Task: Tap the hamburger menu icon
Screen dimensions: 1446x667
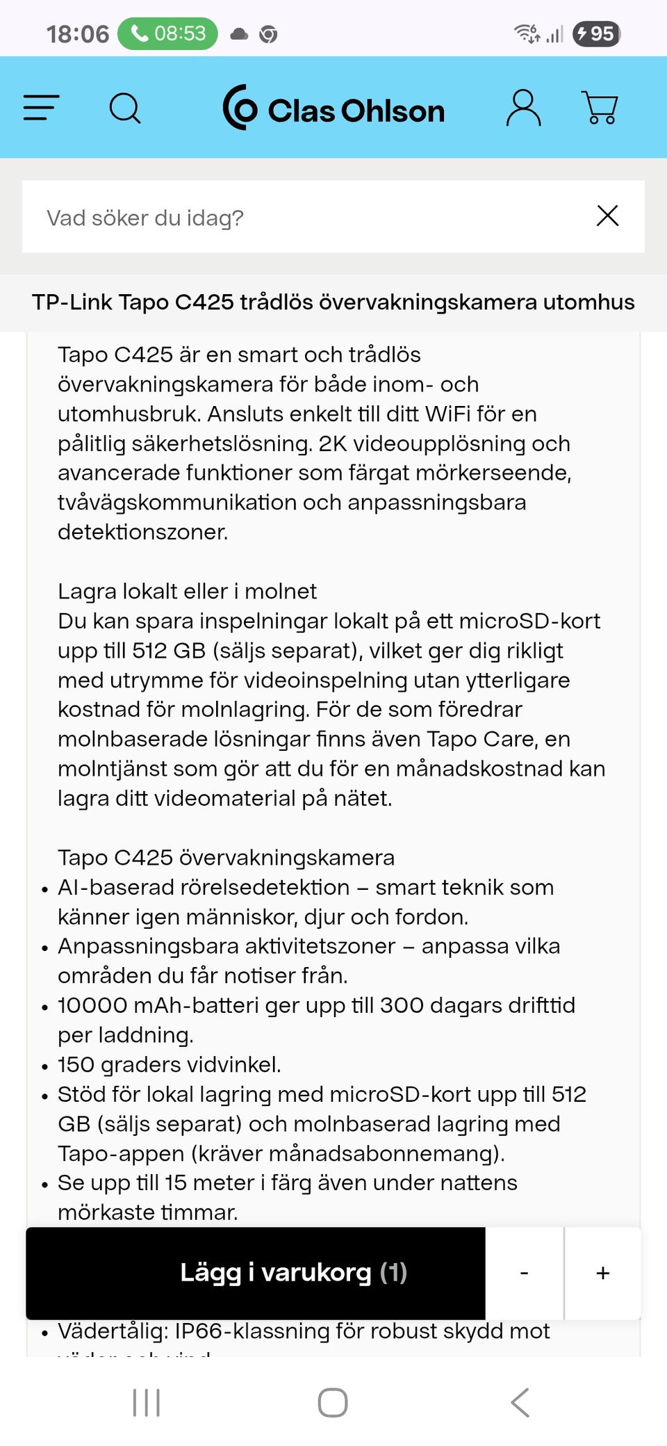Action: tap(41, 108)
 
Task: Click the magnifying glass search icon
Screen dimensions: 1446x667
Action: tap(125, 108)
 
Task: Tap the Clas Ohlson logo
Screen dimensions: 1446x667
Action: tap(333, 108)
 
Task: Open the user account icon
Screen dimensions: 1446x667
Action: tap(523, 108)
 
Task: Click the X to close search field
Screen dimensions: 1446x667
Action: tap(607, 216)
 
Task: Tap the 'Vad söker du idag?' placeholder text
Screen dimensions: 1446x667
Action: tap(145, 218)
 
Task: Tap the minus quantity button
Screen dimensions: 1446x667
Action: tap(525, 1273)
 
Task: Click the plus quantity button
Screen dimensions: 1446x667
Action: tap(602, 1273)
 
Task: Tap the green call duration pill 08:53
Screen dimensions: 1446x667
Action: tap(167, 33)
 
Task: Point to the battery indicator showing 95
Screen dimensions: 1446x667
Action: tap(596, 33)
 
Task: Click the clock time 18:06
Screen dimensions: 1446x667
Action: tap(77, 34)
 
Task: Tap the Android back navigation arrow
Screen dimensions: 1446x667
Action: tap(520, 1402)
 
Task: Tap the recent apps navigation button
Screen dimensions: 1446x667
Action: tap(146, 1402)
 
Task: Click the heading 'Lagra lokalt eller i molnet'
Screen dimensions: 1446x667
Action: tap(187, 592)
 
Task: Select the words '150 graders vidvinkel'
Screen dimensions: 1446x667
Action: tap(169, 1065)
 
